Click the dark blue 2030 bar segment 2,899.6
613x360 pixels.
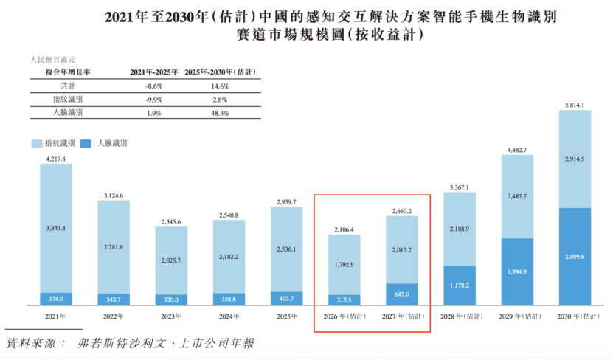[575, 257]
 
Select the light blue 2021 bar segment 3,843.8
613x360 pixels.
[56, 228]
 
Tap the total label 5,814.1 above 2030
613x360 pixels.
[575, 105]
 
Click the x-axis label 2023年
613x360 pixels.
[171, 316]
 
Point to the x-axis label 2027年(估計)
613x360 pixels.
[403, 316]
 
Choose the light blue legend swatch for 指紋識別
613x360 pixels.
[37, 143]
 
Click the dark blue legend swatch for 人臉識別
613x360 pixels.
[86, 143]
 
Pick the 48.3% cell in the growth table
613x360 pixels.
[220, 113]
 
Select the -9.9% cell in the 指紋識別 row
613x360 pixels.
[154, 100]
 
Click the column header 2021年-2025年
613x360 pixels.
[154, 72]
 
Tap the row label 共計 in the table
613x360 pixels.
[68, 86]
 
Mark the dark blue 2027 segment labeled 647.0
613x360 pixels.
[402, 294]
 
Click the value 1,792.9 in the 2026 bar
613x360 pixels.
[344, 265]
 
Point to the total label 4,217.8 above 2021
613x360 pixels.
[56, 159]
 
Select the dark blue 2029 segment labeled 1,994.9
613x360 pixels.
[517, 271]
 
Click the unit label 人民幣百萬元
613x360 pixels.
[53, 60]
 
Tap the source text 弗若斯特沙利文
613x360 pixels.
[121, 344]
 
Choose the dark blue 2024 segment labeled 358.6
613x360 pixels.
[229, 300]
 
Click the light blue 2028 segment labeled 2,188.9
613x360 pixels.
[460, 229]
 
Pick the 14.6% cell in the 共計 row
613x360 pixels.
[220, 86]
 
